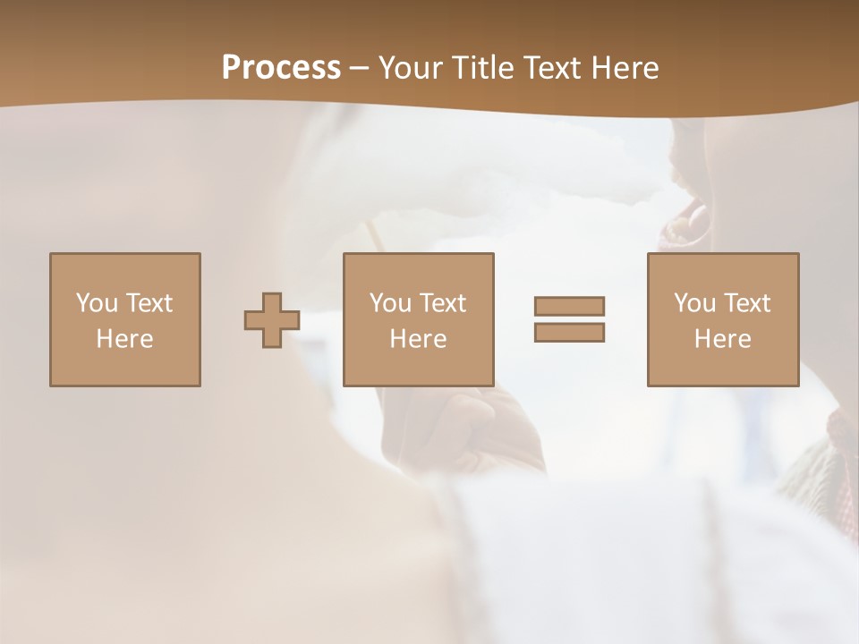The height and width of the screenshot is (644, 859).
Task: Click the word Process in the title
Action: tap(281, 67)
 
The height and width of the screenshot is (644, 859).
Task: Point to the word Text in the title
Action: tap(557, 67)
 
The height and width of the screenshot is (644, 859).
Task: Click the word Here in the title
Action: tap(627, 67)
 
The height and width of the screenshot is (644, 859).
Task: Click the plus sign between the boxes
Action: tap(272, 320)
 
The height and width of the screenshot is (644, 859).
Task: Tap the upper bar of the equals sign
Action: tap(569, 306)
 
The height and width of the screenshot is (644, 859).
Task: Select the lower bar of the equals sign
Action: tap(569, 333)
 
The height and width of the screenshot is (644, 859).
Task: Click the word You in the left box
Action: tap(97, 303)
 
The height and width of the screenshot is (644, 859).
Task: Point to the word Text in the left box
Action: tap(149, 303)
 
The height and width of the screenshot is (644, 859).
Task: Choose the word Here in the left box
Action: tap(124, 339)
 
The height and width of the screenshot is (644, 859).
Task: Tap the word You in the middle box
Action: tap(390, 303)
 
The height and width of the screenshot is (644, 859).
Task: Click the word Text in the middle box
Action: tap(442, 303)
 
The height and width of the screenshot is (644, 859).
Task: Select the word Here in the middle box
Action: tap(418, 339)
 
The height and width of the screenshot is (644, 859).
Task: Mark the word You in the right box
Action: tap(694, 303)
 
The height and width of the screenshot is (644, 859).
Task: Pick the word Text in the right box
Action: tap(746, 303)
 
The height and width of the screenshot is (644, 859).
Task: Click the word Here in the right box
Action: tap(722, 339)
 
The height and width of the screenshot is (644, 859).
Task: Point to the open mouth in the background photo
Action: tap(685, 224)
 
